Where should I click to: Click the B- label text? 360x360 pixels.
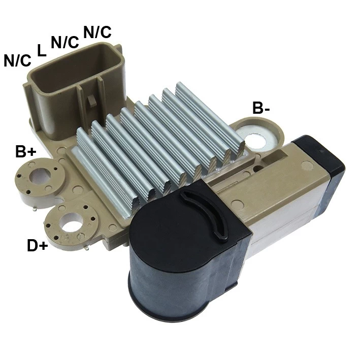261,108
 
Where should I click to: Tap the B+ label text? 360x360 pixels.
26,151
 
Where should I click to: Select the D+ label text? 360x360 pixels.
38,245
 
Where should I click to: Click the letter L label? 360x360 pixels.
41,50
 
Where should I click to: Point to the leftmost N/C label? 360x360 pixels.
17,60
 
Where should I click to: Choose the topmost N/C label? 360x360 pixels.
97,32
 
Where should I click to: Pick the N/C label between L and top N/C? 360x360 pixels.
65,42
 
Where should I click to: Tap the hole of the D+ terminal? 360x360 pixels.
71,222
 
